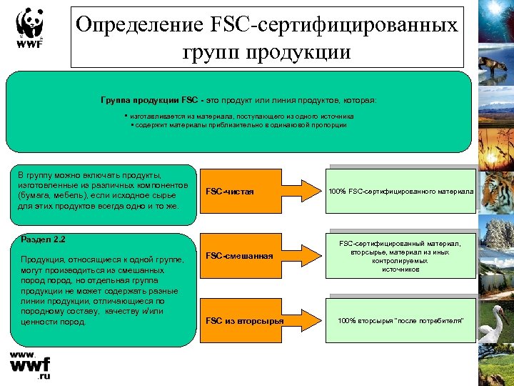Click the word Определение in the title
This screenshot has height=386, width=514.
point(138,25)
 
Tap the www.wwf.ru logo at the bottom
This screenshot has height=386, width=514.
point(30,365)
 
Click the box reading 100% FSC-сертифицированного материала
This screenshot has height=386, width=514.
point(400,192)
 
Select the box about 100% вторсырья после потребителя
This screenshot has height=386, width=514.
point(400,320)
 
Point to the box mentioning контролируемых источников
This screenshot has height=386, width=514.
point(400,257)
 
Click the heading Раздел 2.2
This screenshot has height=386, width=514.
point(44,239)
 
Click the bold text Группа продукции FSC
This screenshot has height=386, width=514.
point(139,100)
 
